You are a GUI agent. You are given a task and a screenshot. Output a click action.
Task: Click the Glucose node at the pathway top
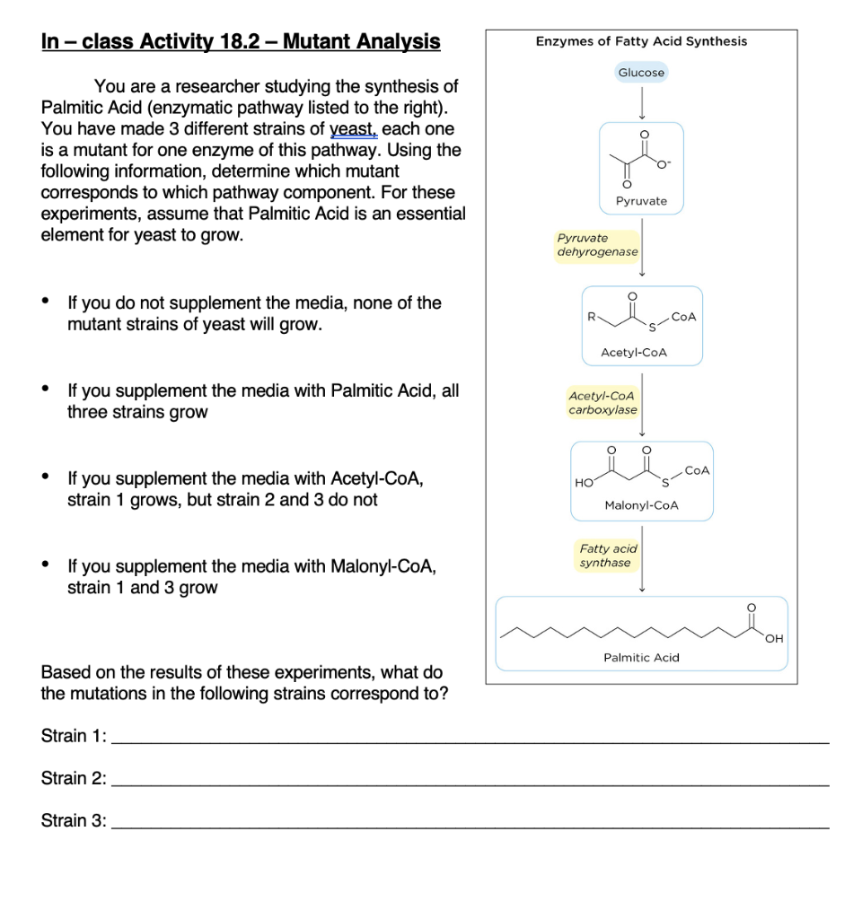(641, 72)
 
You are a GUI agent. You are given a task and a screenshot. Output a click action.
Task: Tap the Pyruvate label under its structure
(641, 201)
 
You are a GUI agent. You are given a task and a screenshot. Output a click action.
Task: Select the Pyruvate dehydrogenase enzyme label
(597, 245)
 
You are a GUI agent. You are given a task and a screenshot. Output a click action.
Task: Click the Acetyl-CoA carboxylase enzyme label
(602, 402)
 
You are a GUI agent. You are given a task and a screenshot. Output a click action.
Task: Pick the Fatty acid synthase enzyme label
(608, 556)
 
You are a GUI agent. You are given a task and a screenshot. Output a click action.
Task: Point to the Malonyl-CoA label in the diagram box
(641, 505)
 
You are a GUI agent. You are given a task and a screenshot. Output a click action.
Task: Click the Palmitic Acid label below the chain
(641, 658)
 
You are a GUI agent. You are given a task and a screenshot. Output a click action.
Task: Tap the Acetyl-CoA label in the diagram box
(634, 353)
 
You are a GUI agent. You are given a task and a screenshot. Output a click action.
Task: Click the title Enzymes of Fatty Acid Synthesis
(641, 41)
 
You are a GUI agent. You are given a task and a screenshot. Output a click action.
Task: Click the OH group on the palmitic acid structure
(775, 639)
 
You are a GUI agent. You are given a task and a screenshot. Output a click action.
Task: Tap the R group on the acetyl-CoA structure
(590, 316)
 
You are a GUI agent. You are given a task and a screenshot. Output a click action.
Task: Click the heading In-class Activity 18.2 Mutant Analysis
(241, 41)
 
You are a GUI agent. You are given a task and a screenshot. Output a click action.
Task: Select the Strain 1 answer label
(74, 737)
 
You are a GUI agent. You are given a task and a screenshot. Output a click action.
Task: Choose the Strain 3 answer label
(74, 820)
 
